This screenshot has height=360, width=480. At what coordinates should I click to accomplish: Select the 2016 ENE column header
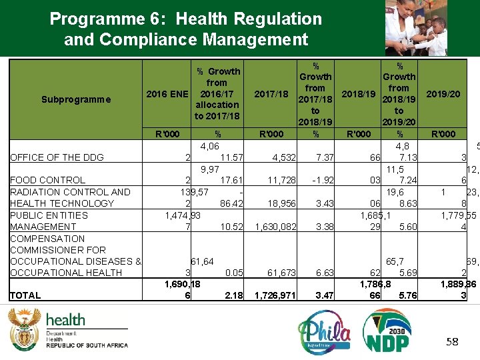(167, 94)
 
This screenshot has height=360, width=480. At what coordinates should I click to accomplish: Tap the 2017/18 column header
(272, 94)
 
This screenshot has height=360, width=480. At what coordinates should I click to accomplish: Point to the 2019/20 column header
(443, 94)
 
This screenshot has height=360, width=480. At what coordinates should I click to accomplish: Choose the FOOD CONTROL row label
(48, 180)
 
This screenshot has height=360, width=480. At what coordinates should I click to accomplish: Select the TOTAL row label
(26, 295)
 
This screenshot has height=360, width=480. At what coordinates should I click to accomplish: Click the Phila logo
(324, 331)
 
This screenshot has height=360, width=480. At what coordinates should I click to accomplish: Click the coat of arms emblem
(24, 328)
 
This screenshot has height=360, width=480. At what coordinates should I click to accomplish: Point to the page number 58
(453, 341)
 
